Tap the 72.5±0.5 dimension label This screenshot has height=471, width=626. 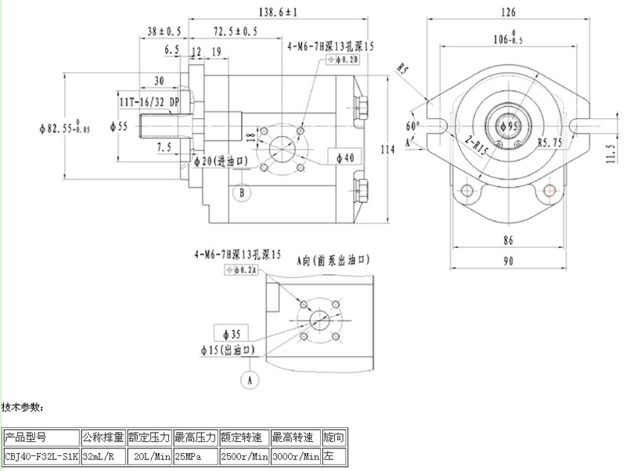234,31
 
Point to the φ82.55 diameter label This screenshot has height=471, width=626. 65,126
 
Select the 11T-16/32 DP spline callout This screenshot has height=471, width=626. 149,102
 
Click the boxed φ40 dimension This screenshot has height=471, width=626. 345,157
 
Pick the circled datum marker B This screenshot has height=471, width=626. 243,191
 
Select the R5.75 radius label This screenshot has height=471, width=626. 552,142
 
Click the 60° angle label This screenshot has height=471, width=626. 412,125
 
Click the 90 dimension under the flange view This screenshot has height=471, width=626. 508,261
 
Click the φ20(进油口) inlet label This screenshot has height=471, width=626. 221,161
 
